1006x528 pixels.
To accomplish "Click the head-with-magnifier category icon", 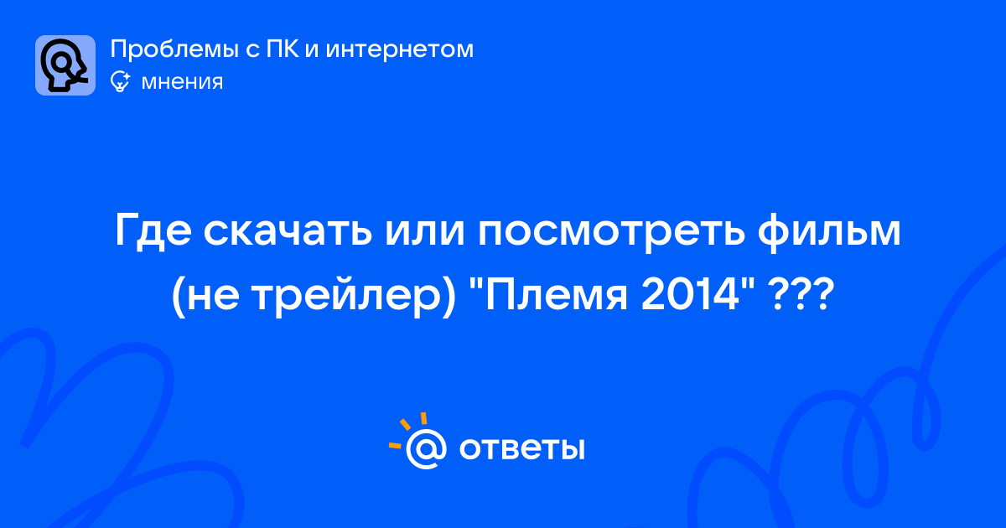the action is (x=65, y=65).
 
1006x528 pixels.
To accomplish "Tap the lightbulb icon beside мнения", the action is (x=120, y=81).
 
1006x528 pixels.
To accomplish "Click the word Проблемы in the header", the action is (x=174, y=49).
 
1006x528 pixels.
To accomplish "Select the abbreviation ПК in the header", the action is (x=282, y=49).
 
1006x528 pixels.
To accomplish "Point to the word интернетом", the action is (x=400, y=49).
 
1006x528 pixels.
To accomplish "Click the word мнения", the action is (x=182, y=82).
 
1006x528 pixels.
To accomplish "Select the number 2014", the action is (x=690, y=295).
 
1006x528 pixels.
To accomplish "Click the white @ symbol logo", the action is (x=426, y=449).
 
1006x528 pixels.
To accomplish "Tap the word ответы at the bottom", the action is (x=521, y=449).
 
